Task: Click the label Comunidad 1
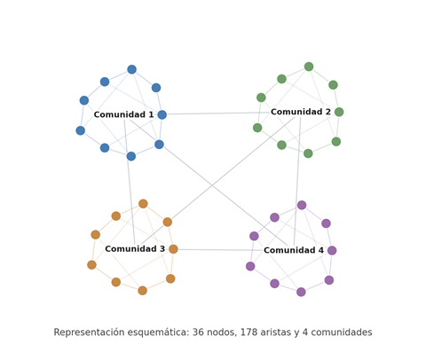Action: pos(123,114)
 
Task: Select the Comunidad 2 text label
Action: pos(301,112)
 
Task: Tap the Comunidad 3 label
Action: pos(135,249)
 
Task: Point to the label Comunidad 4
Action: pos(294,250)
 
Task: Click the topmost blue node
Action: pos(132,69)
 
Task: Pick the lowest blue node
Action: pos(131,156)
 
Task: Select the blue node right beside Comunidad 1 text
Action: pos(162,114)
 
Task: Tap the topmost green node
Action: pos(309,67)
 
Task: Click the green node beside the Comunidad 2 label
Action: pos(339,112)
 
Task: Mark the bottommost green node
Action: pos(308,153)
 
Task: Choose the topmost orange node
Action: pos(143,204)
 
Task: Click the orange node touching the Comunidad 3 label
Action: pos(173,249)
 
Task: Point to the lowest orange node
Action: pos(143,291)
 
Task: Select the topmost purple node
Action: pos(302,205)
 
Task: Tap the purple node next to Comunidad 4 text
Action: pos(332,251)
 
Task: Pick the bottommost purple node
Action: pos(301,292)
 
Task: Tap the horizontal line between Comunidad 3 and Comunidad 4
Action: pos(221,250)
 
